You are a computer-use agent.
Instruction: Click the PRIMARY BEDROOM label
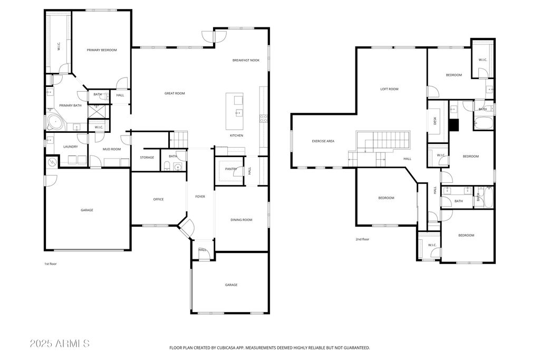click(102, 50)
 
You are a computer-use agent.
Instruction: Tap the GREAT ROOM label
click(175, 93)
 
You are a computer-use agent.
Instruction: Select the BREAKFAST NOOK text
click(246, 60)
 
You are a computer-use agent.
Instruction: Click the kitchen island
click(235, 111)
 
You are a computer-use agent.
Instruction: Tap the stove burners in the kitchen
click(264, 119)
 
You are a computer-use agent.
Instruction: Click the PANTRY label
click(231, 169)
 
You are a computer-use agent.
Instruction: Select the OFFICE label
click(158, 199)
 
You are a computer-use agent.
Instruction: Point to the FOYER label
click(200, 197)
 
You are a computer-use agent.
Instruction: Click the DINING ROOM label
click(242, 220)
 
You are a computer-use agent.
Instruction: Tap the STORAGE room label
click(147, 158)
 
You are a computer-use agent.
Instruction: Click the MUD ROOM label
click(112, 149)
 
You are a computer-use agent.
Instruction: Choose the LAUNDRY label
click(71, 147)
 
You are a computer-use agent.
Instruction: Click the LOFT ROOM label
click(390, 89)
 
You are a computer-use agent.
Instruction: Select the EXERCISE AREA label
click(323, 141)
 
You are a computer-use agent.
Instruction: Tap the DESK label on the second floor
click(435, 121)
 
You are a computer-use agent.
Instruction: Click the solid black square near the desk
click(454, 125)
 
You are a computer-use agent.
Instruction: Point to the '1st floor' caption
click(50, 264)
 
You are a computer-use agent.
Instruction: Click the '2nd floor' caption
click(362, 239)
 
